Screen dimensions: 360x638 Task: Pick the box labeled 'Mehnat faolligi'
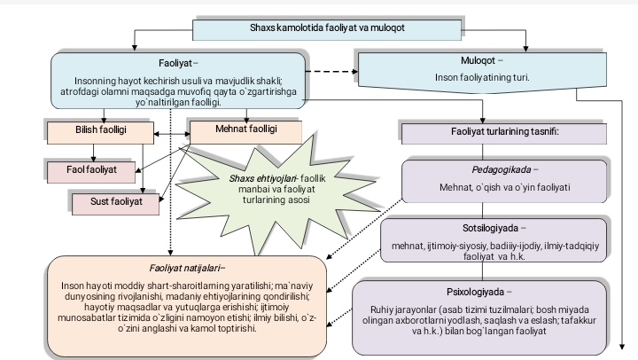tap(246, 129)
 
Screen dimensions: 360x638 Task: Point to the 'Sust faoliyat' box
tap(116, 202)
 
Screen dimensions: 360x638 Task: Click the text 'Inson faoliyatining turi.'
tap(482, 78)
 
